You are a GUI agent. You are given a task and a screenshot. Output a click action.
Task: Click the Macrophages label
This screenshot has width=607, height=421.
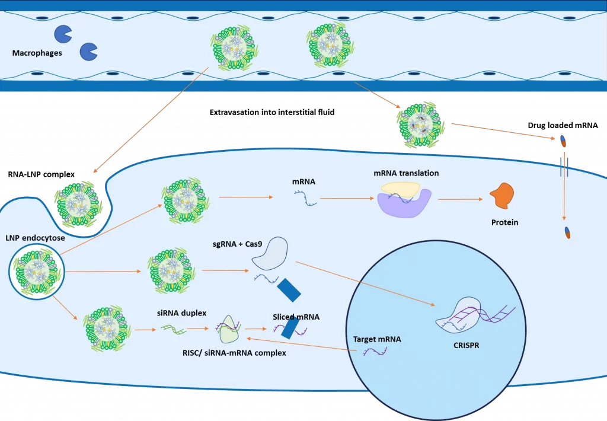coord(37,53)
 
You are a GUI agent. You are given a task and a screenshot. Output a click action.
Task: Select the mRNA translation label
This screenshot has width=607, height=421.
coord(406,173)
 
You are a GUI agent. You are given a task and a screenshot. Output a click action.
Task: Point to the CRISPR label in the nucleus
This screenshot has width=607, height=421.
coord(465,343)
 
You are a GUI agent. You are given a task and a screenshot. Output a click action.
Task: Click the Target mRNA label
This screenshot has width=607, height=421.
coord(377,340)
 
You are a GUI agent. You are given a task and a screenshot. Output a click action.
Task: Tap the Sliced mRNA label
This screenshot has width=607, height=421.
coord(296,317)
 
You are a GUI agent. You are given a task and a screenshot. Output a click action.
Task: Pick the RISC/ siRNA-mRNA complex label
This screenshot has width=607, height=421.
coord(234,353)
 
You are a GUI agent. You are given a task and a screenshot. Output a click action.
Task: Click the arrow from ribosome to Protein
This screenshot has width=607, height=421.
coord(460,200)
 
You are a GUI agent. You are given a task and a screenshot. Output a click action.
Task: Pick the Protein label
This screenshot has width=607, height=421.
coord(504,223)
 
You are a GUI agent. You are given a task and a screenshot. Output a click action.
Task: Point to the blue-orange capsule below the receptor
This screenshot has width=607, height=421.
coord(567,232)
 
